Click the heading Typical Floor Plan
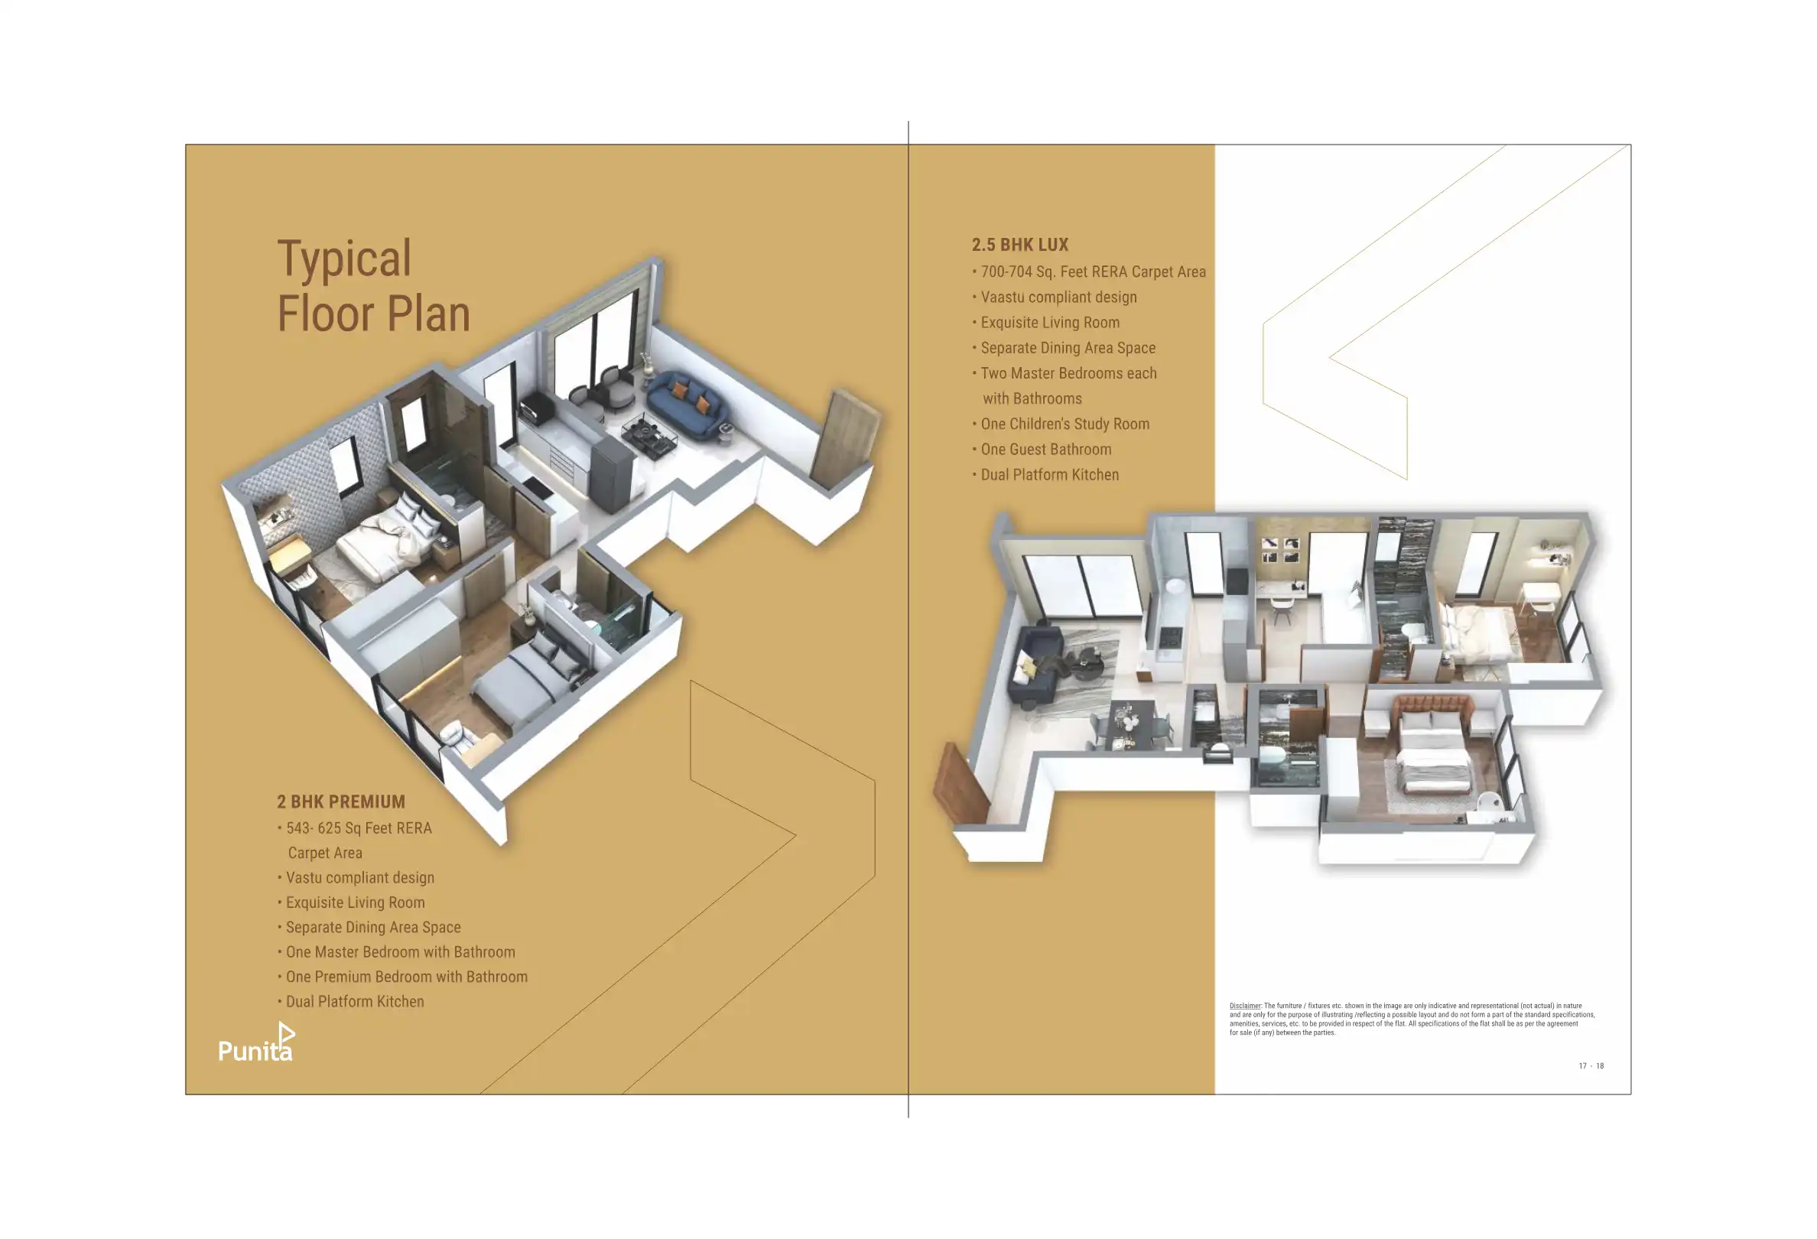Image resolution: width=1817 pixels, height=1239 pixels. coord(374,286)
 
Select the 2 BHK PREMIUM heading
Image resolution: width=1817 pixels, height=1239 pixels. coord(341,802)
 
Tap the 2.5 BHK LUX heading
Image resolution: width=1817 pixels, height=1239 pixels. coord(1019,245)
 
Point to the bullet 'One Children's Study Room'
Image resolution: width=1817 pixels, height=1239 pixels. coord(1064,424)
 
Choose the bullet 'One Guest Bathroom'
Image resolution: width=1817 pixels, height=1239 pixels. coord(1045,450)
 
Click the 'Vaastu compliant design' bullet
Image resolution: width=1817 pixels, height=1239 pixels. coord(1058,297)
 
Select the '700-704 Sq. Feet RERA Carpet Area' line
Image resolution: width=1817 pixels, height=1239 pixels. coord(1092,272)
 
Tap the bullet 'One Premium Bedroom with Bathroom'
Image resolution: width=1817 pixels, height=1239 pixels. coord(406,977)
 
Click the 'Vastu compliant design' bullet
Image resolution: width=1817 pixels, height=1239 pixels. coord(359,877)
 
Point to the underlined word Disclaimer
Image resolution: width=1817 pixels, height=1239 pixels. coord(1245,1006)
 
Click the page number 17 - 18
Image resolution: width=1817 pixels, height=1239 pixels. coord(1591,1065)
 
